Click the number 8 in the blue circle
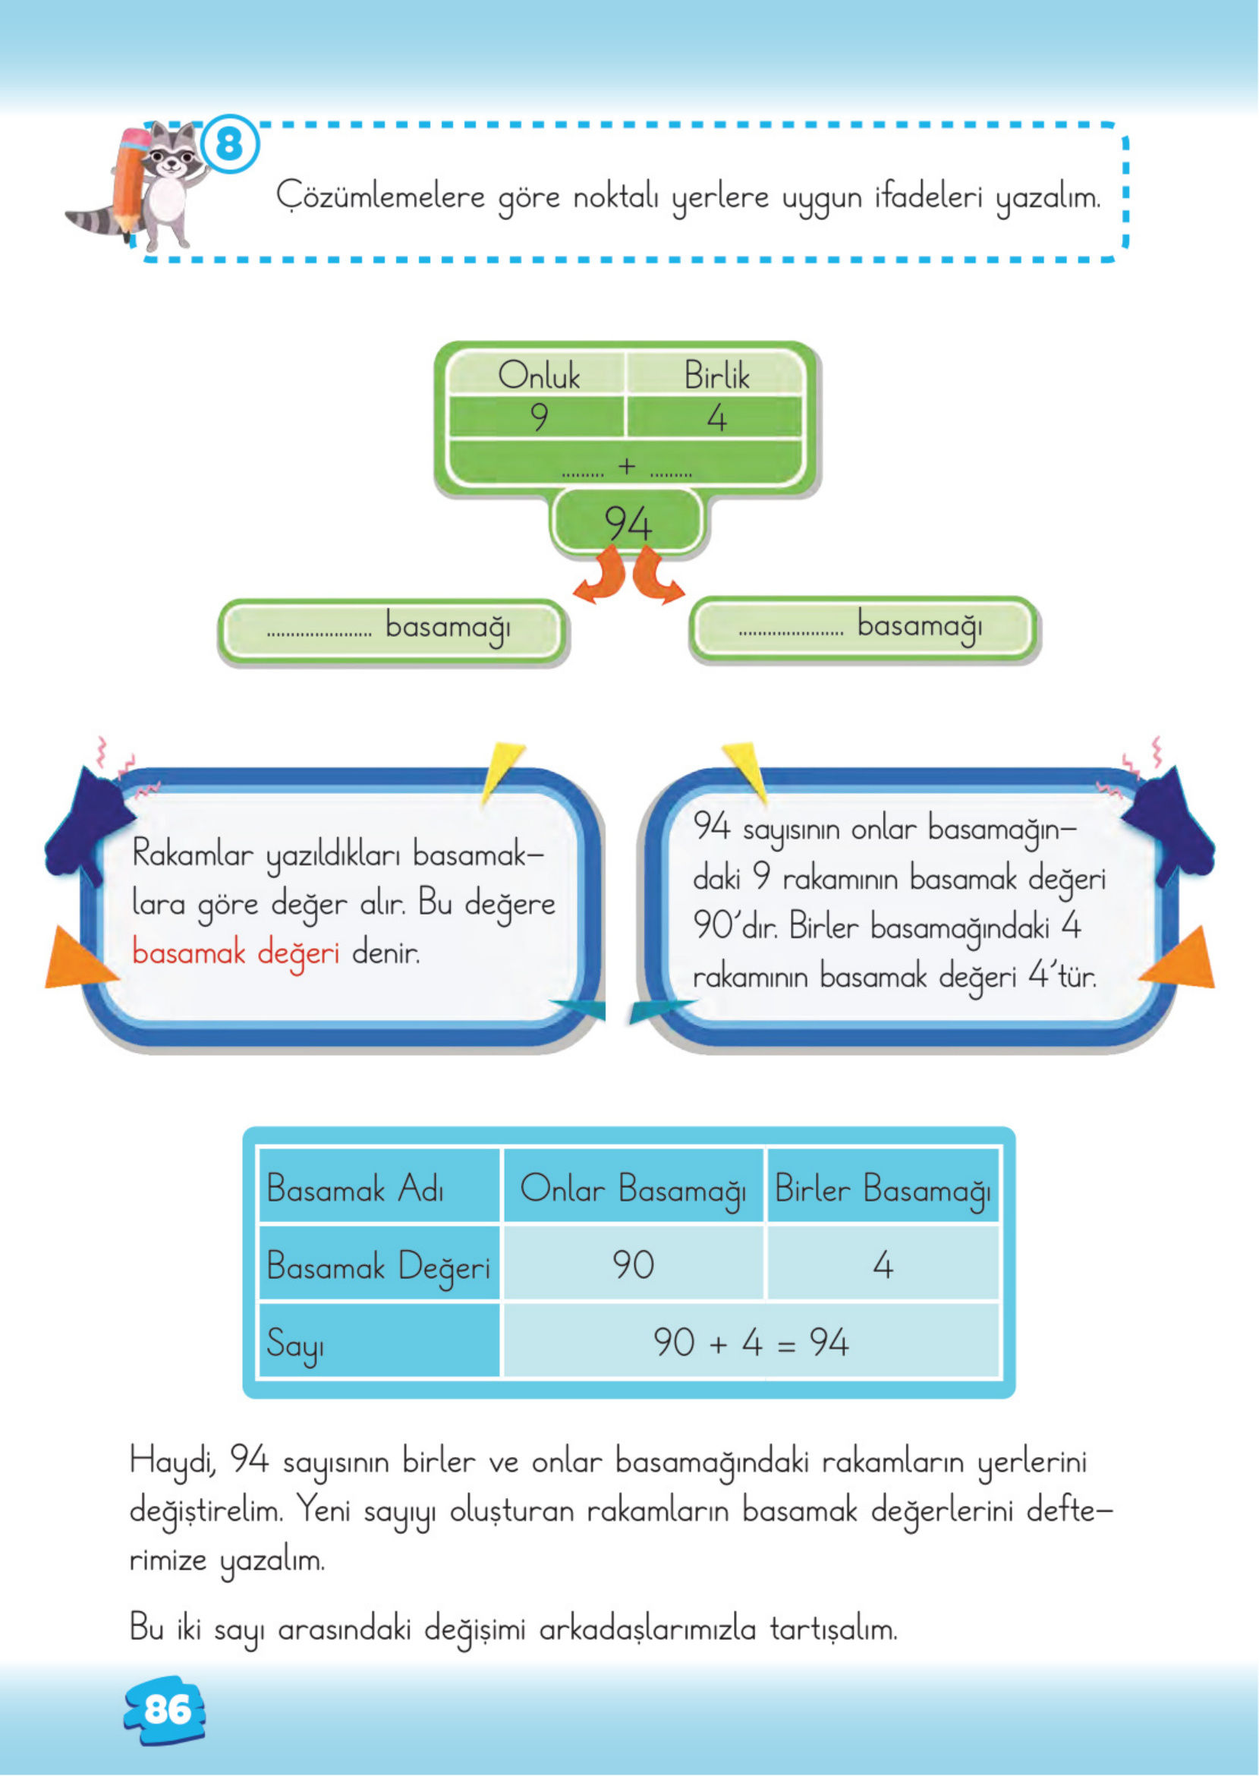click(x=229, y=145)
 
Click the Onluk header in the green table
click(x=538, y=376)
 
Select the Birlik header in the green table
click(x=716, y=376)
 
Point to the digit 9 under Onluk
click(x=539, y=418)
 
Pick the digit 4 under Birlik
click(x=716, y=419)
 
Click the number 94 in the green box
click(x=628, y=523)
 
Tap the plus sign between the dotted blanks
click(x=626, y=466)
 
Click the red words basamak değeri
click(x=236, y=953)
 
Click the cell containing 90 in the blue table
click(x=633, y=1264)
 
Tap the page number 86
click(x=168, y=1709)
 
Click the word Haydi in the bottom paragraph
click(x=172, y=1463)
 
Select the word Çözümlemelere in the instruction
click(x=380, y=196)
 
